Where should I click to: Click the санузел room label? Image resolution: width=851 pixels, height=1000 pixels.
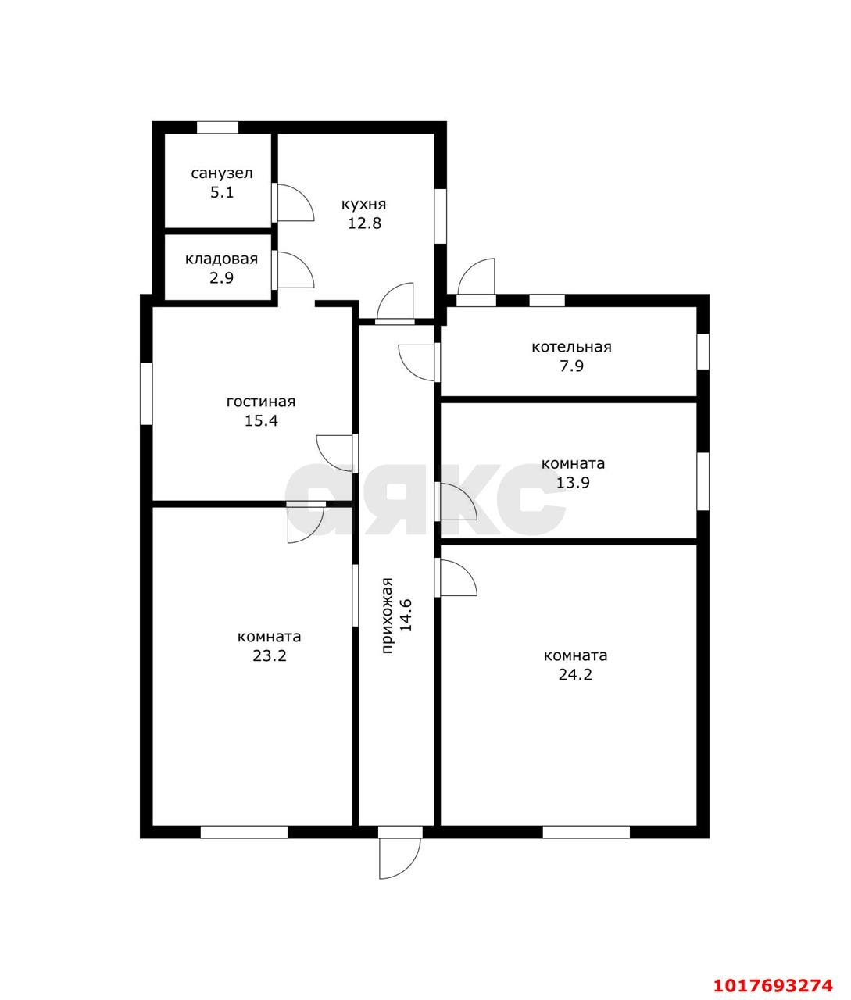coord(222,173)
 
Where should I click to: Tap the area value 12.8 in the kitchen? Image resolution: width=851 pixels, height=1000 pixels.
coord(364,223)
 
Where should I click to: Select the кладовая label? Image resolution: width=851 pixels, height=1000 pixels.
coord(221,259)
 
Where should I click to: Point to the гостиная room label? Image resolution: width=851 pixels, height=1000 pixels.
coord(261,402)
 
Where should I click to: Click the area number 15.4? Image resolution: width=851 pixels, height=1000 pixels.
coord(261,420)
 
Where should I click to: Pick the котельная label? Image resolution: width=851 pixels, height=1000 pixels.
coord(571,347)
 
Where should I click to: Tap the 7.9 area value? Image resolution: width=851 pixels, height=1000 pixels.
coord(571,366)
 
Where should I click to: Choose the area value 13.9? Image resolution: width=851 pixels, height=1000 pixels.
coord(573,482)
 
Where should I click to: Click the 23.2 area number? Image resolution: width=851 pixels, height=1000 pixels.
coord(269,655)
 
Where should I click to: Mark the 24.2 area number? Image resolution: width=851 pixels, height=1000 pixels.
coord(575,674)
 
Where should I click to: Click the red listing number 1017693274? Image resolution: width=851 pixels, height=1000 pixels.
coord(774,981)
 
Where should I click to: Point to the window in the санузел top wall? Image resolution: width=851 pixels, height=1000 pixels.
coord(217,127)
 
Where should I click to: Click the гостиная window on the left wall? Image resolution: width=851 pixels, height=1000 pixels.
coord(146,393)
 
